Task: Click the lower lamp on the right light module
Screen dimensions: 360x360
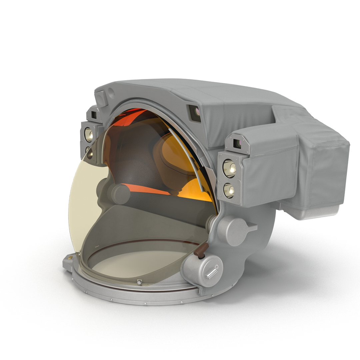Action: pyautogui.click(x=229, y=189)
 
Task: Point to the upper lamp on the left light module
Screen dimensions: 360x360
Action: pyautogui.click(x=89, y=134)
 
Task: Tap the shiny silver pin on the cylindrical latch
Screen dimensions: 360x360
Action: pyautogui.click(x=211, y=272)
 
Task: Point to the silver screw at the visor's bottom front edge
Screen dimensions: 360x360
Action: pyautogui.click(x=139, y=282)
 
